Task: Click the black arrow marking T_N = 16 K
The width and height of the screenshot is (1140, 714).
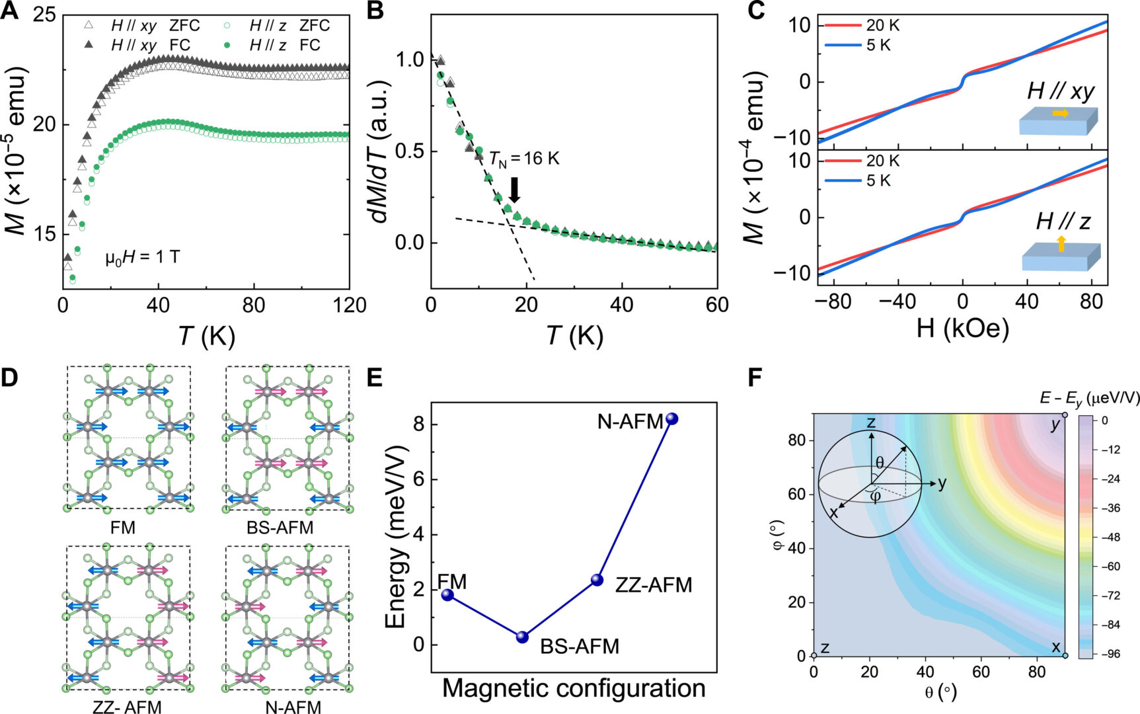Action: click(515, 190)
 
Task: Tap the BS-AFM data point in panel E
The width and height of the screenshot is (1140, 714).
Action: click(522, 637)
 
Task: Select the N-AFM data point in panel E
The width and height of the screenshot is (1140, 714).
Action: click(671, 418)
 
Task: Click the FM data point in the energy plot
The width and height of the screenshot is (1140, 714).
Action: click(447, 594)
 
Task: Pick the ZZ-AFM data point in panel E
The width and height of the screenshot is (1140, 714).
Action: click(597, 580)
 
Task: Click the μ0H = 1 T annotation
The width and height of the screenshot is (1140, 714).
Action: click(142, 257)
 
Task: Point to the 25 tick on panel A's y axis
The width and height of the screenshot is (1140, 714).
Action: click(44, 16)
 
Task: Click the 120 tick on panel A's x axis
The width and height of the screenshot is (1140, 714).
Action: click(350, 305)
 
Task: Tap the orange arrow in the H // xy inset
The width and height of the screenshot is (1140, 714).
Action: click(1060, 114)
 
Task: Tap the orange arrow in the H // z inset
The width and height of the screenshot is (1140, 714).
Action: click(1061, 244)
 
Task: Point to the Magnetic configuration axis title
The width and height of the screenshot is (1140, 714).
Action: click(573, 689)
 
